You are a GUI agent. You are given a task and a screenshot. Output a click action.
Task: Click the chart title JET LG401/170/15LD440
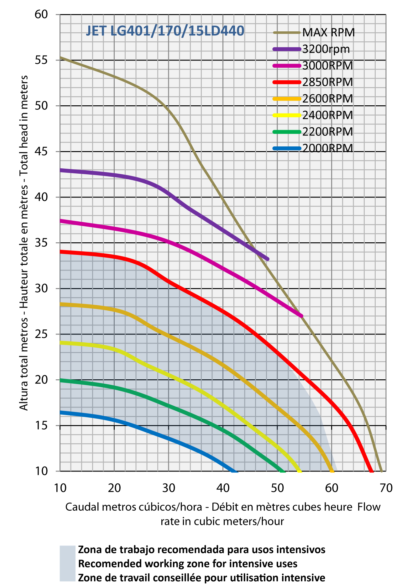165,31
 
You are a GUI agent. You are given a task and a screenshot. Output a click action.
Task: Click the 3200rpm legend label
326,49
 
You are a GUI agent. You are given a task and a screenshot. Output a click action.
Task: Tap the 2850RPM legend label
327,82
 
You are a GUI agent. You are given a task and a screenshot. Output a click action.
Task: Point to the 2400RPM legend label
327,115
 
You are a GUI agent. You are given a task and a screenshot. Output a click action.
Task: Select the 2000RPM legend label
327,148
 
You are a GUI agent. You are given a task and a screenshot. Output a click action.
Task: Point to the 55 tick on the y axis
41,60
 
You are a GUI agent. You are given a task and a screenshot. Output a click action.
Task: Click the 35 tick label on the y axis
41,243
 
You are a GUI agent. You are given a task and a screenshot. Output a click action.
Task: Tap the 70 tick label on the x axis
386,488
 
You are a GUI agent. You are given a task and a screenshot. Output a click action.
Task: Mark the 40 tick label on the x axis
223,488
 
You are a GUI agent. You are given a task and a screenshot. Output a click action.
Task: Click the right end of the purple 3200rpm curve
268,259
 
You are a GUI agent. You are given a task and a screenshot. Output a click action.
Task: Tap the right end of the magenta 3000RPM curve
301,316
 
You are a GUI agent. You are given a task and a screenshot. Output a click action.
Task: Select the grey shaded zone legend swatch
68,563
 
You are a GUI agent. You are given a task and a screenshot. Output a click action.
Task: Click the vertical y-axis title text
24,243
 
